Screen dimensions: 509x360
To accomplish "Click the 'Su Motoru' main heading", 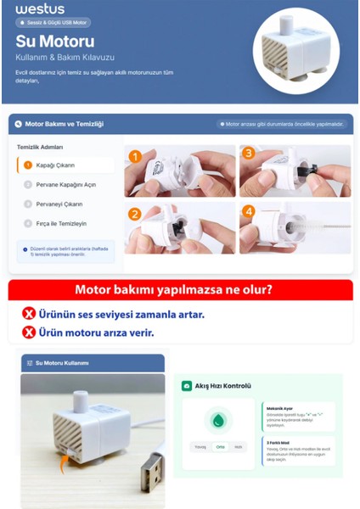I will tap(55, 41).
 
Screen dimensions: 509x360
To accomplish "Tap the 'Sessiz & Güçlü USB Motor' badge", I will tap(53, 23).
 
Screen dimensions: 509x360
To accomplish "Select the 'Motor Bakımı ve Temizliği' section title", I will tap(64, 124).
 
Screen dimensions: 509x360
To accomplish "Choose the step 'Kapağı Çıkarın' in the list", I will tap(51, 165).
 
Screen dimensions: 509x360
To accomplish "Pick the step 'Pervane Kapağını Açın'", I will tap(59, 184).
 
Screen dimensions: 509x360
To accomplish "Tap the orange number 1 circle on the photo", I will tap(135, 155).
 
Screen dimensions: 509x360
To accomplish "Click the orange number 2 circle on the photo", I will tap(135, 213).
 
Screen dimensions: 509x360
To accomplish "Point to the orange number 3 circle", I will tap(248, 154).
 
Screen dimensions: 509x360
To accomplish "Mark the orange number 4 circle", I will tap(248, 211).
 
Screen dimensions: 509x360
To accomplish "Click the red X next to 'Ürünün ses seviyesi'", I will tap(28, 314).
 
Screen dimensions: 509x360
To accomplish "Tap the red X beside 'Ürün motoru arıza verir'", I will tap(28, 333).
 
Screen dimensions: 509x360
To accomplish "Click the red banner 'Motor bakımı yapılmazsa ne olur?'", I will tap(179, 290).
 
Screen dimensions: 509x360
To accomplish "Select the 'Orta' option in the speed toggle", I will tap(219, 446).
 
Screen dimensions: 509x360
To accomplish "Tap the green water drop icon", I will tap(219, 421).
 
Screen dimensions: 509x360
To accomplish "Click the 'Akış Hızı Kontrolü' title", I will tap(223, 385).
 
